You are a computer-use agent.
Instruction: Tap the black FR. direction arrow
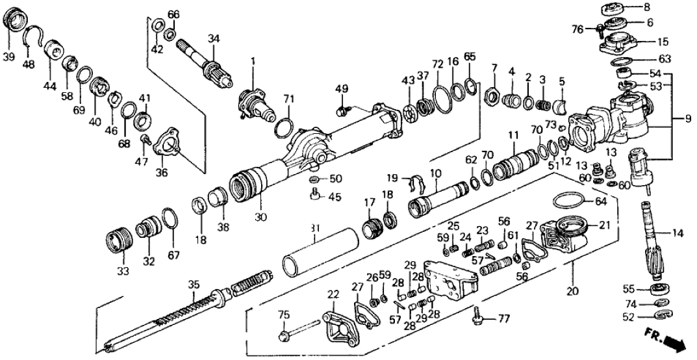(x=675, y=343)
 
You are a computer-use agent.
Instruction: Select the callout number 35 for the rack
(x=193, y=284)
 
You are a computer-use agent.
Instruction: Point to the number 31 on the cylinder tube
(x=315, y=229)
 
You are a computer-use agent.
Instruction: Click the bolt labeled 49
(x=342, y=110)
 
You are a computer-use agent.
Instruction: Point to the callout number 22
(x=333, y=294)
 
